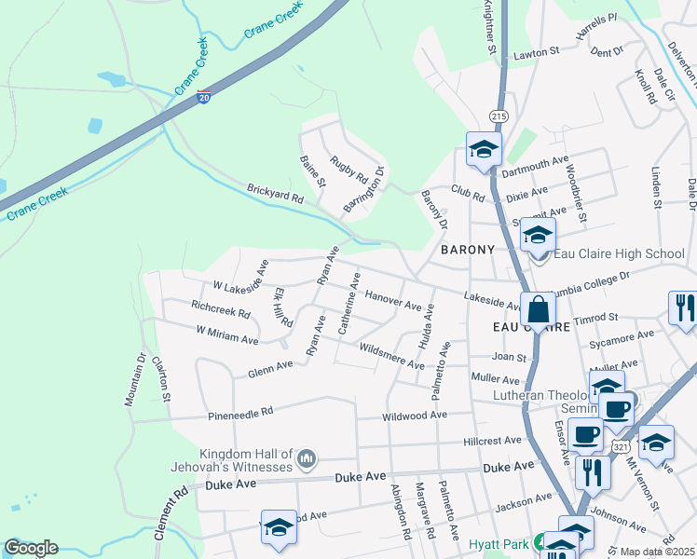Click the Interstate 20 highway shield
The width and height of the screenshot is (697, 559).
pos(203,97)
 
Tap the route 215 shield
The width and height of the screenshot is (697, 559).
pos(499,116)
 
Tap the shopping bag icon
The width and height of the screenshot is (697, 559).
pos(538,308)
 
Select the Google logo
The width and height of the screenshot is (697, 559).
pos(31,548)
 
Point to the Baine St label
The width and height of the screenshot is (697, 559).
pos(312,171)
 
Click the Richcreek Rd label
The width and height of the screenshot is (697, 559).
pos(220,308)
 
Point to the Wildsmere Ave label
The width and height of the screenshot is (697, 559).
pos(391,355)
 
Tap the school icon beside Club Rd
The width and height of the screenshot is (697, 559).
pos(484,149)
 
